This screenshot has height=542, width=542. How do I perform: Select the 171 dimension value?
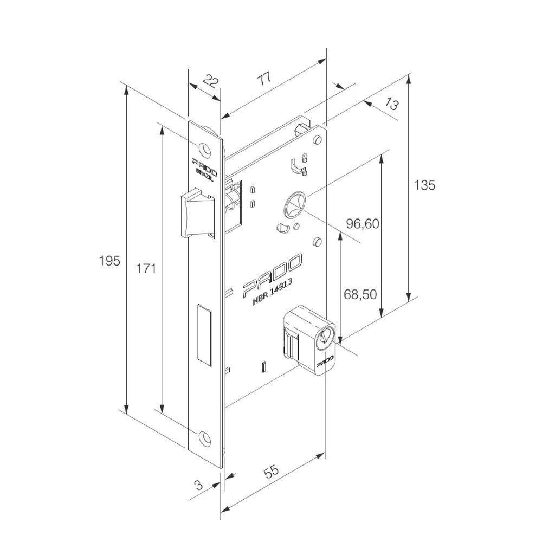click(146, 268)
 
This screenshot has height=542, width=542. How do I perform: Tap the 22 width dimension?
click(210, 83)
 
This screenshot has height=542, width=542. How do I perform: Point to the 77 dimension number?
click(264, 79)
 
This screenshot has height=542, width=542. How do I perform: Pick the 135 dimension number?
click(424, 185)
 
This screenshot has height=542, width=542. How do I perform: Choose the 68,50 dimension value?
click(360, 294)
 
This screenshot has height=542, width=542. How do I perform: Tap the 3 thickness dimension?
click(198, 485)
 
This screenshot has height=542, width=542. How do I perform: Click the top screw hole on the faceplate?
click(204, 147)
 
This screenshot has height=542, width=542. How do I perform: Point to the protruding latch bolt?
click(193, 212)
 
